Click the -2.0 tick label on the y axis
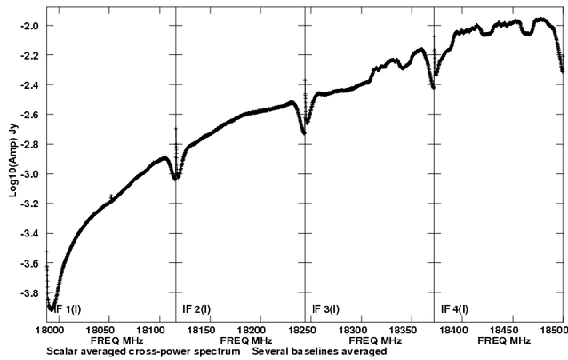(29, 26)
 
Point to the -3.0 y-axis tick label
(29, 174)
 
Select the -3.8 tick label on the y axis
(29, 292)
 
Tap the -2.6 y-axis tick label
(29, 115)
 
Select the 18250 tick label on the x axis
(311, 329)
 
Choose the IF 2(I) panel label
(196, 308)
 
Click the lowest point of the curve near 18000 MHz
(52, 308)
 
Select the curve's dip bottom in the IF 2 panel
(176, 178)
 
